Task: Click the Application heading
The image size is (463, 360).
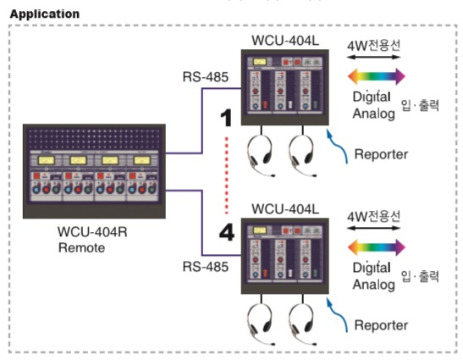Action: point(45,14)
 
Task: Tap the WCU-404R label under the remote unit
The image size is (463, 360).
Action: point(92,231)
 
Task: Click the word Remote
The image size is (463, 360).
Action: point(82,247)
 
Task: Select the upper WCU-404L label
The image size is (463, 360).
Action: point(285,40)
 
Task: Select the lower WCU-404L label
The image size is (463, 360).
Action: point(285,209)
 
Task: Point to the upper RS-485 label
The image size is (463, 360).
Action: point(206,77)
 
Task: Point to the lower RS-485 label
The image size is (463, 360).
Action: point(206,267)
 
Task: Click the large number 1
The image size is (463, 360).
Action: point(227,118)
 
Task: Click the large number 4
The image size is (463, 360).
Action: point(227,232)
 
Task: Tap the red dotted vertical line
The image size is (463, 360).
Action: point(227,175)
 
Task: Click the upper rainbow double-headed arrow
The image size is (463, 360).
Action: point(377,76)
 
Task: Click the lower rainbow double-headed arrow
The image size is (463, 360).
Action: point(377,247)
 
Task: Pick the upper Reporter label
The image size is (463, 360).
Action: point(381,154)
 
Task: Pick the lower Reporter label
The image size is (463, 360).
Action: point(381,325)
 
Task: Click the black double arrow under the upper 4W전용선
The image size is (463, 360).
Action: point(373,57)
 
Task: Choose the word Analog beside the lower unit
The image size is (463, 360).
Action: point(374,285)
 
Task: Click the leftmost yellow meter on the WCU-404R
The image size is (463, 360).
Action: point(47,160)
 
